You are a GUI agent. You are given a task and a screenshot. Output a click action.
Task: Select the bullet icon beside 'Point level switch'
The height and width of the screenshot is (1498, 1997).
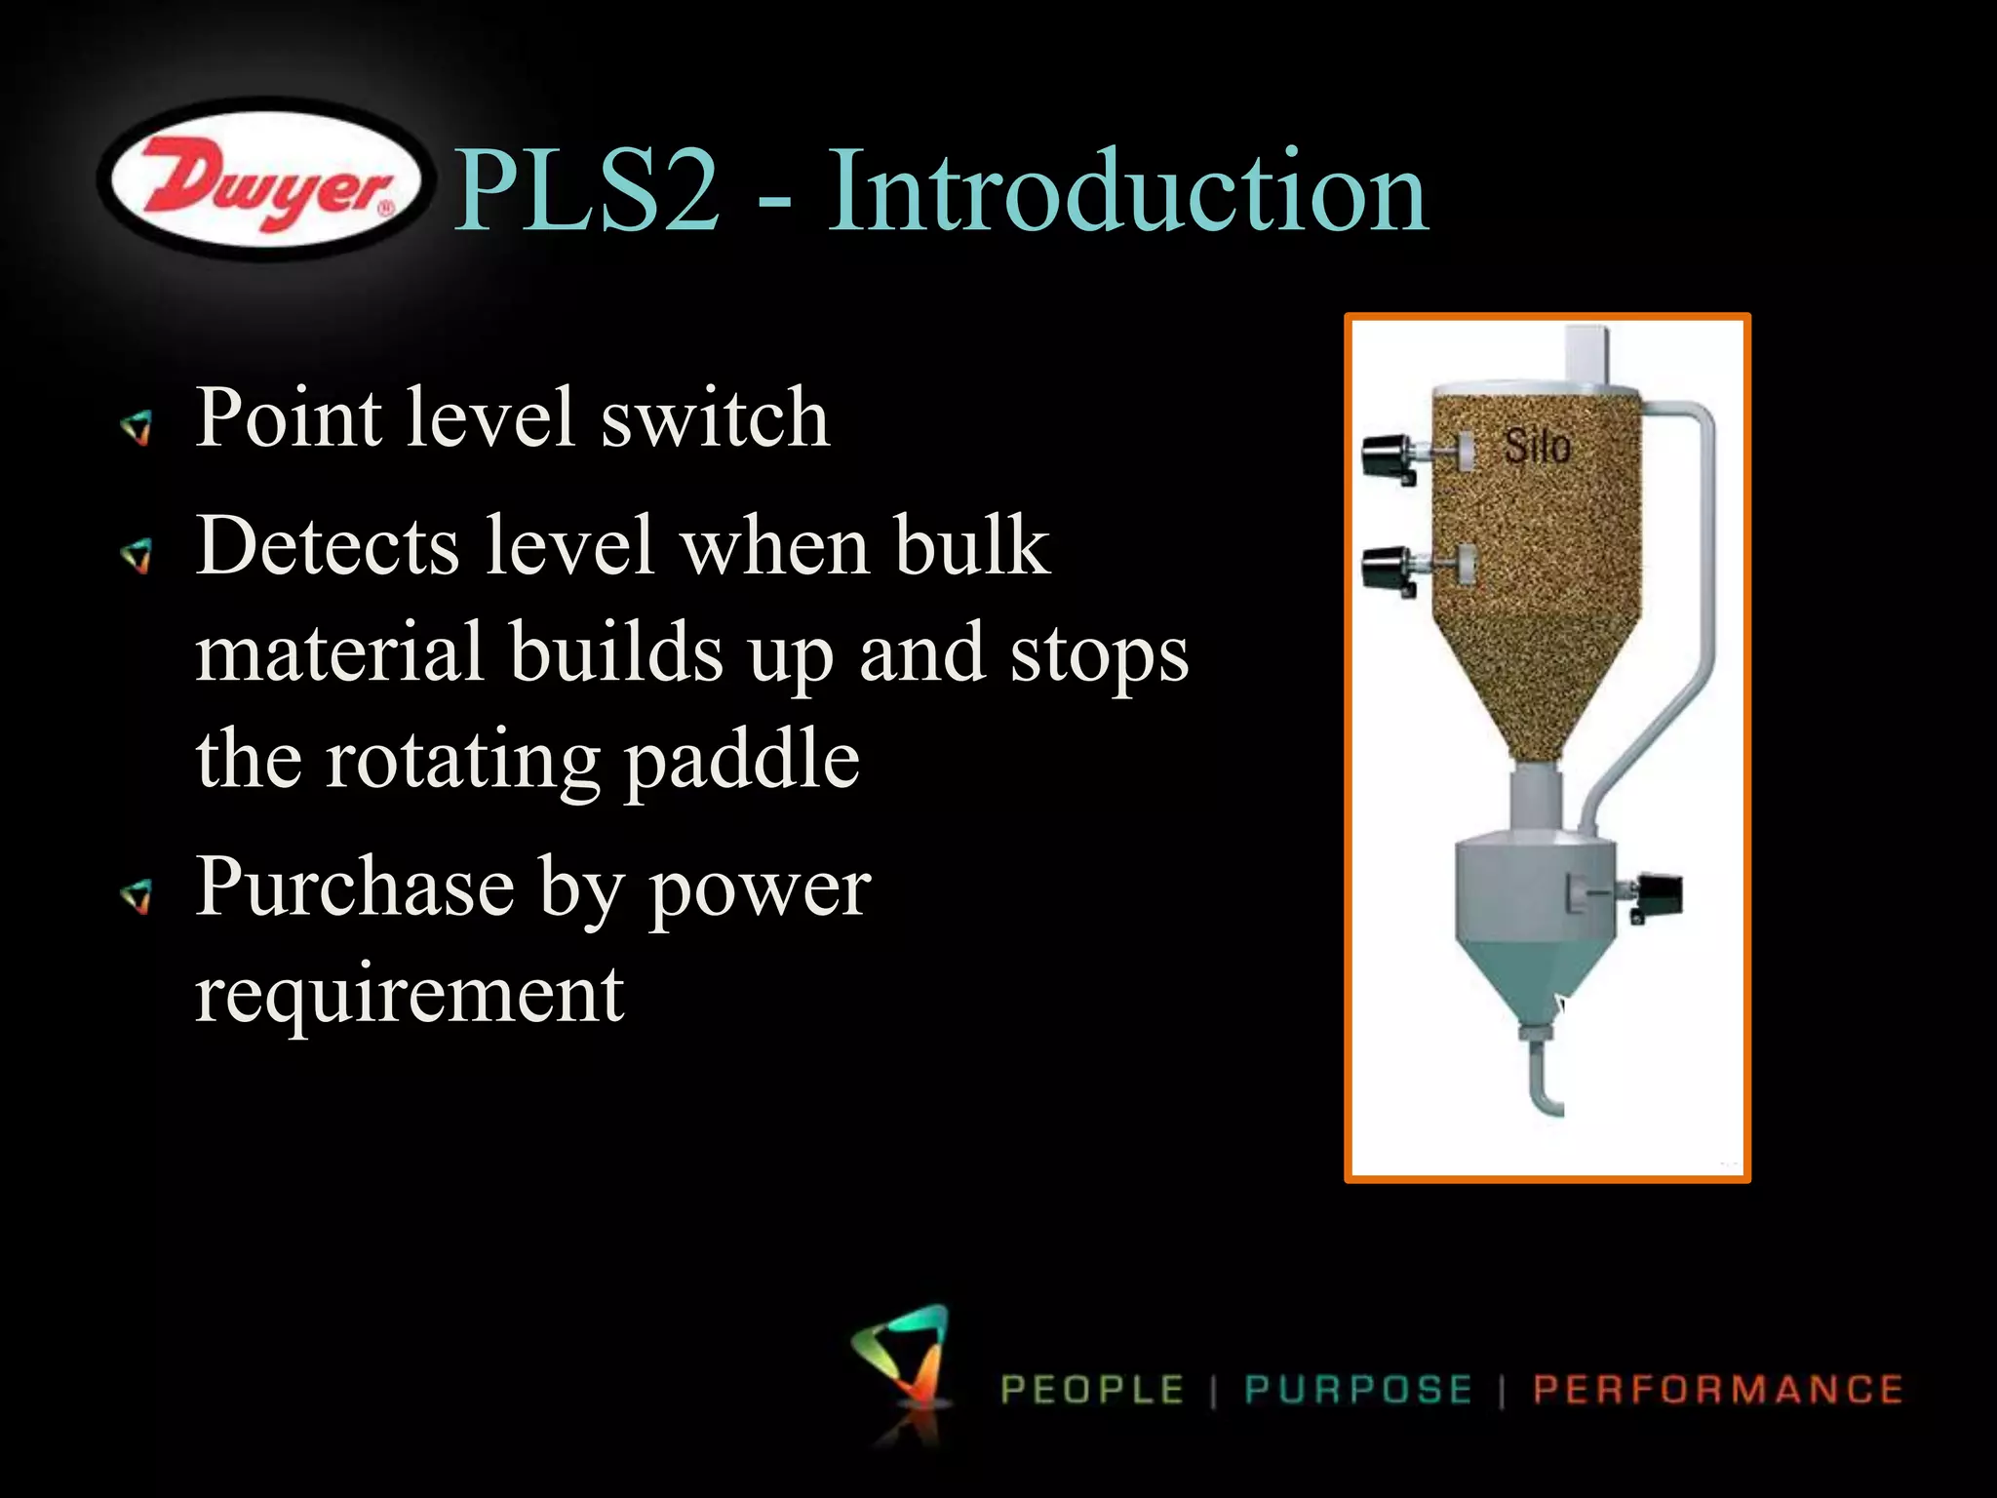tap(137, 426)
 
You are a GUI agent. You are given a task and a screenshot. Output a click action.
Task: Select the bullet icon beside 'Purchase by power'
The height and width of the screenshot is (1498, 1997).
tap(137, 894)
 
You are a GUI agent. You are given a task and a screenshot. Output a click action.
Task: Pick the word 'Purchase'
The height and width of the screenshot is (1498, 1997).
tap(355, 887)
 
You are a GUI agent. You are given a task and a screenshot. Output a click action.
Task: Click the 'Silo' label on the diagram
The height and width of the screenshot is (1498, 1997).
tap(1538, 448)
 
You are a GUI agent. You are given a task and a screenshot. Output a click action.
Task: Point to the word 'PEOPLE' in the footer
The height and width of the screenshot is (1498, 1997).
tap(1092, 1390)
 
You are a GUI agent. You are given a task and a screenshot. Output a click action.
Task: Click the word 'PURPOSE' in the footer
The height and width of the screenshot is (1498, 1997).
tap(1358, 1390)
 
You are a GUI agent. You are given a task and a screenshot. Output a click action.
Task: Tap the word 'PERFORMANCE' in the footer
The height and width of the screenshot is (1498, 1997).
tap(1718, 1390)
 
